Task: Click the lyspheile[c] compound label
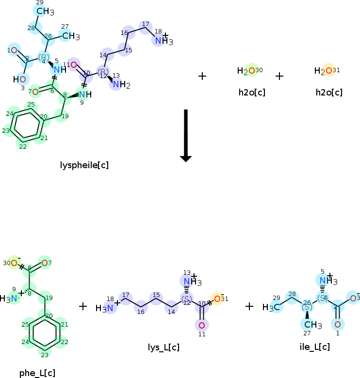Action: point(84,165)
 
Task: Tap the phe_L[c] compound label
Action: point(37,373)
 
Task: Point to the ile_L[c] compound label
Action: point(315,347)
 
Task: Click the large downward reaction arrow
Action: point(186,135)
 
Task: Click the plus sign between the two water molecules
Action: point(279,76)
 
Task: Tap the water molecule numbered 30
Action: point(249,71)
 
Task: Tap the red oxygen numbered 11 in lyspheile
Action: point(73,64)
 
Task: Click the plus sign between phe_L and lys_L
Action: point(83,306)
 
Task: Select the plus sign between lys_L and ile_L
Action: point(249,306)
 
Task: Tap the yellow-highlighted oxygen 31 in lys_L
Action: point(217,298)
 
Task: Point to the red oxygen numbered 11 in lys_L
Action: point(202,325)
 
